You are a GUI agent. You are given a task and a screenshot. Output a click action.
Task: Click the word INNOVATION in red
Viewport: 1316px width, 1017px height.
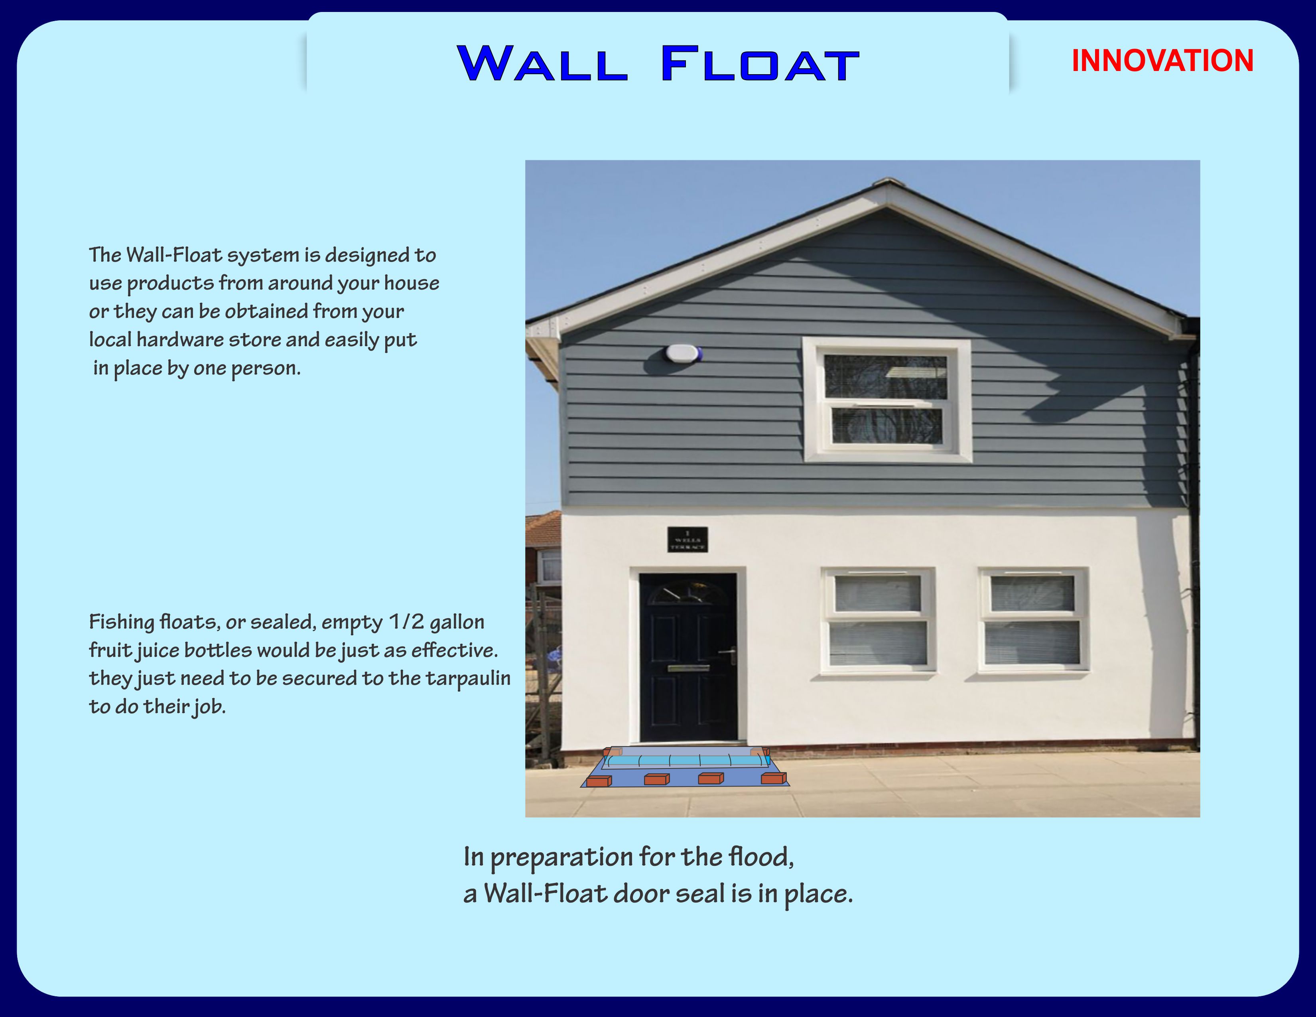(x=1162, y=61)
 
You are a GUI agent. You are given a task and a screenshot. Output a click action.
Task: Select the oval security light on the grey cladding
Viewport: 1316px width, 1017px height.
(x=683, y=353)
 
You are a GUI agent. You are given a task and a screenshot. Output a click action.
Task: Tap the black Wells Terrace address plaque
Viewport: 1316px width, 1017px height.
(x=688, y=539)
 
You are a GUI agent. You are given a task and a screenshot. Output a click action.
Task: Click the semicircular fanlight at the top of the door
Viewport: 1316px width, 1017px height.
(x=688, y=591)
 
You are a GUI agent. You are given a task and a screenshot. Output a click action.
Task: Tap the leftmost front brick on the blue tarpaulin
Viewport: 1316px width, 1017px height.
(x=599, y=781)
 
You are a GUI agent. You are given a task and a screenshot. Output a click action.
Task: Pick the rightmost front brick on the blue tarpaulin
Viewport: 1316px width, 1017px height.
(x=774, y=779)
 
